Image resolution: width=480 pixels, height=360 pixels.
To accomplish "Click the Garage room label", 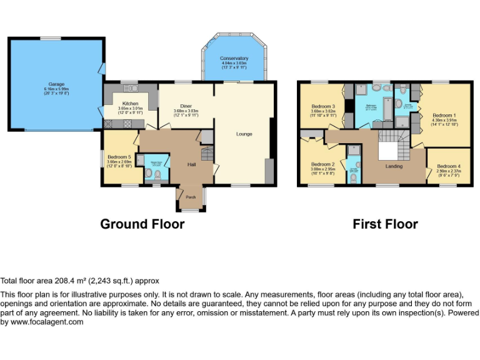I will click(x=57, y=84).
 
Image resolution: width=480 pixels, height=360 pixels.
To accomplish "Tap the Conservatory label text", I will click(x=234, y=59).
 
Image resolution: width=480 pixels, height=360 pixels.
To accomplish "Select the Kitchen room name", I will click(x=131, y=103).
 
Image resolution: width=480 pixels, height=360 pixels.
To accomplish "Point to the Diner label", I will click(x=186, y=106).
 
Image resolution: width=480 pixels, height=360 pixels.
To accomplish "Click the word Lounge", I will click(x=244, y=134).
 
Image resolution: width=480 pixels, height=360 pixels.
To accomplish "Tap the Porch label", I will click(x=191, y=197).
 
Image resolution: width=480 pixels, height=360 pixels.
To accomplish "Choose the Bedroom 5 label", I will click(x=119, y=157).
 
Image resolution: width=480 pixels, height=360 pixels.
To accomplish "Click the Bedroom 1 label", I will click(x=444, y=116).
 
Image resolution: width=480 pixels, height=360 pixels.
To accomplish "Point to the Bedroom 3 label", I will click(x=324, y=106).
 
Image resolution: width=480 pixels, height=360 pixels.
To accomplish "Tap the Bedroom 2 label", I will click(x=324, y=164).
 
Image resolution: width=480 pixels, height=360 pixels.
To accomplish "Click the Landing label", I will click(x=394, y=166).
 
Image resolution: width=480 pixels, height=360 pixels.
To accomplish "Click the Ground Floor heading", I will click(x=142, y=224).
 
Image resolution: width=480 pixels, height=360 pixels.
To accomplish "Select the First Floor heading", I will click(x=385, y=224).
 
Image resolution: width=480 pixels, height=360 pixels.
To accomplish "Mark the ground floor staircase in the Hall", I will click(x=206, y=152).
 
